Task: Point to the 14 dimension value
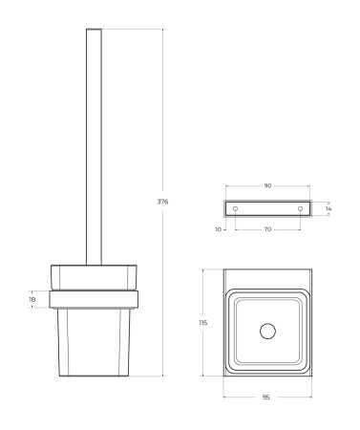pyautogui.click(x=328, y=207)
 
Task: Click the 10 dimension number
pyautogui.click(x=219, y=229)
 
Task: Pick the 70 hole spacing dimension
pyautogui.click(x=267, y=229)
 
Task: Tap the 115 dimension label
pyautogui.click(x=203, y=324)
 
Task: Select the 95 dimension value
pyautogui.click(x=266, y=397)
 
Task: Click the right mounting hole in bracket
pyautogui.click(x=301, y=208)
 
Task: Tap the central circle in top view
pyautogui.click(x=267, y=333)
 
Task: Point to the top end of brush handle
pyautogui.click(x=93, y=32)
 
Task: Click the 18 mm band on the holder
pyautogui.click(x=94, y=297)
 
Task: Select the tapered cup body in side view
pyautogui.click(x=94, y=339)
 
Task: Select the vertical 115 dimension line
pyautogui.click(x=203, y=287)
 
